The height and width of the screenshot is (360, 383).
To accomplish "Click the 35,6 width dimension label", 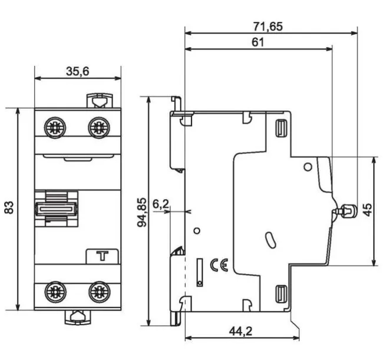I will [77, 71].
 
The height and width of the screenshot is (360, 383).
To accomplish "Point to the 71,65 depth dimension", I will [268, 26].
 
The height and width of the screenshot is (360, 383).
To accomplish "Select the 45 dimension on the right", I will [367, 210].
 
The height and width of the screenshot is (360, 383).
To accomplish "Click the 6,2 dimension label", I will [160, 204].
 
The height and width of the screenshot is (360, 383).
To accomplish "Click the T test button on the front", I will [102, 256].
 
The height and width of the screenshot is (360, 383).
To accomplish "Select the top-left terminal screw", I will [55, 127].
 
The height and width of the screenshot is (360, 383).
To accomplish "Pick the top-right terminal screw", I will [98, 127].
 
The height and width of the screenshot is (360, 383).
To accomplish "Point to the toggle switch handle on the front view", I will [57, 209].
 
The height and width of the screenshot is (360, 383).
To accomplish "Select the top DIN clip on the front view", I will [98, 101].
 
